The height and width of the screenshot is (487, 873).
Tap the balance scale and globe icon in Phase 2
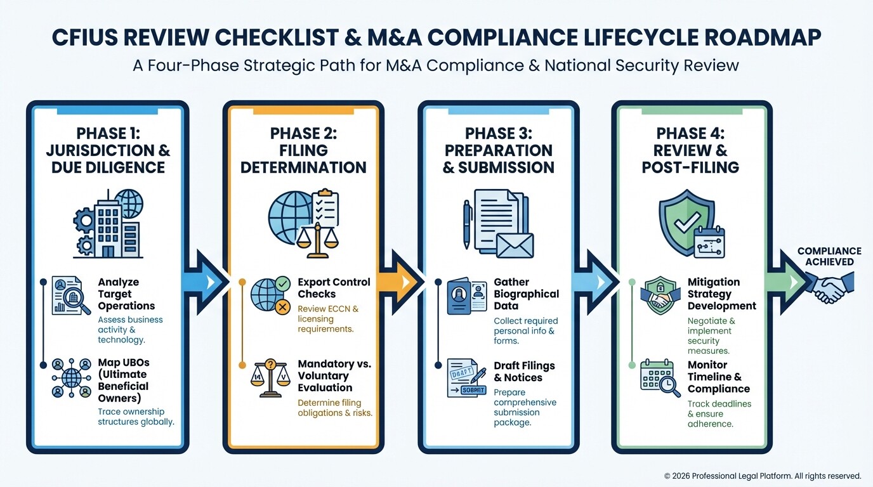tap(303, 223)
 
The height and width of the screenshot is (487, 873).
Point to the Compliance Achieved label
tap(829, 256)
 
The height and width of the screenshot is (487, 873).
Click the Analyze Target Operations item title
tap(126, 294)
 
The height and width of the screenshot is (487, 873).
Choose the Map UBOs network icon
tap(71, 379)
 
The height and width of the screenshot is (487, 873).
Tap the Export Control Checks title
tap(334, 288)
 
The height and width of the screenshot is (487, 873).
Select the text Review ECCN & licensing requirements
tap(328, 319)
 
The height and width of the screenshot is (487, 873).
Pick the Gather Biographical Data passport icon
tap(466, 296)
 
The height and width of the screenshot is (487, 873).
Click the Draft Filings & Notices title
tap(524, 372)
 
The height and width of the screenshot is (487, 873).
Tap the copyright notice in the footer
tap(762, 476)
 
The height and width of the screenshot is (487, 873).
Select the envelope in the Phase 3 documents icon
tap(514, 245)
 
